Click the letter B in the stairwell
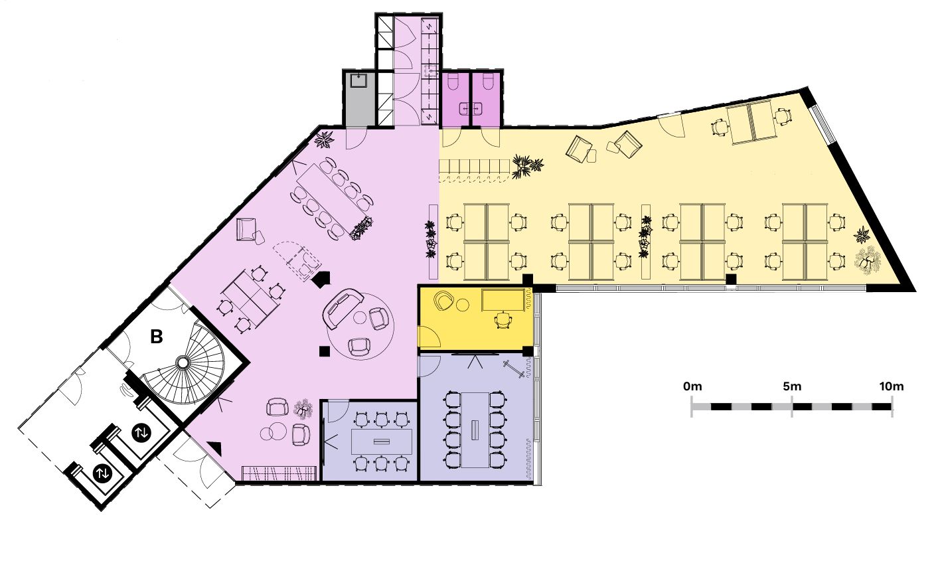pyautogui.click(x=157, y=337)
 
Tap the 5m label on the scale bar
pyautogui.click(x=792, y=386)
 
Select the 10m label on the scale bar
pyautogui.click(x=892, y=386)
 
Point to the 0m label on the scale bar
pyautogui.click(x=692, y=386)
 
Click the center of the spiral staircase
pyautogui.click(x=183, y=362)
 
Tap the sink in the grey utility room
pyautogui.click(x=359, y=80)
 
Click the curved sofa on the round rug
pyautogui.click(x=342, y=309)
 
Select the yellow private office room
pyautogui.click(x=475, y=317)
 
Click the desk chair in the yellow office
pyautogui.click(x=503, y=320)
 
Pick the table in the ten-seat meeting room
pyautogui.click(x=475, y=430)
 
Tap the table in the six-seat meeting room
pyautogui.click(x=382, y=441)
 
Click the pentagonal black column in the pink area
pyautogui.click(x=321, y=279)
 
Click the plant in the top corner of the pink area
pyautogui.click(x=324, y=139)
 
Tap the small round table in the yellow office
pyautogui.click(x=463, y=305)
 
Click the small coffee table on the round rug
pyautogui.click(x=360, y=317)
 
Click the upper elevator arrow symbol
pyautogui.click(x=141, y=432)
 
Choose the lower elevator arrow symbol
pyautogui.click(x=103, y=473)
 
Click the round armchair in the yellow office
pyautogui.click(x=444, y=301)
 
